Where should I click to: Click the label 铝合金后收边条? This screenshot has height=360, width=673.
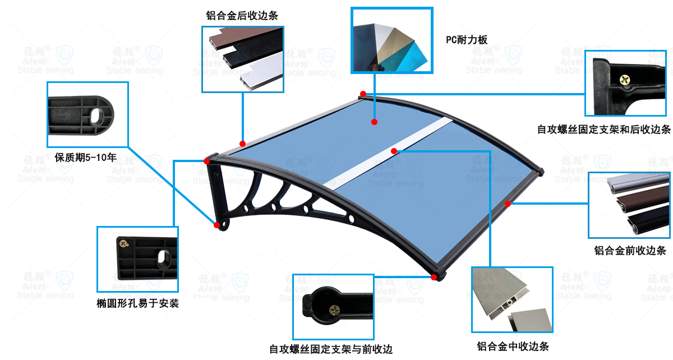coord(242,16)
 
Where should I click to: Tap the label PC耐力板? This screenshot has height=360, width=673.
coord(467,40)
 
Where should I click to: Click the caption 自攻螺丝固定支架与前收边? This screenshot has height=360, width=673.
coord(331,349)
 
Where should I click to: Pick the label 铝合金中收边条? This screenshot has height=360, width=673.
coord(513,346)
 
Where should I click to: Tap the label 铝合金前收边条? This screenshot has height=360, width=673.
coord(630,250)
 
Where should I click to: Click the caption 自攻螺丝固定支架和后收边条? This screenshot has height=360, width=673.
coord(604,130)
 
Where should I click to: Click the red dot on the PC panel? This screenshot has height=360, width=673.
coord(374,121)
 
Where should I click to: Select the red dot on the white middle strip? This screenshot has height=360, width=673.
coord(394,150)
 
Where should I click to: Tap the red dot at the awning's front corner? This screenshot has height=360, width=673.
coord(434,276)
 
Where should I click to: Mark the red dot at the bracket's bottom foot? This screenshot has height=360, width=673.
coord(216,225)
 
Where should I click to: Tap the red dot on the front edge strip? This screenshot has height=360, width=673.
coord(508,204)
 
